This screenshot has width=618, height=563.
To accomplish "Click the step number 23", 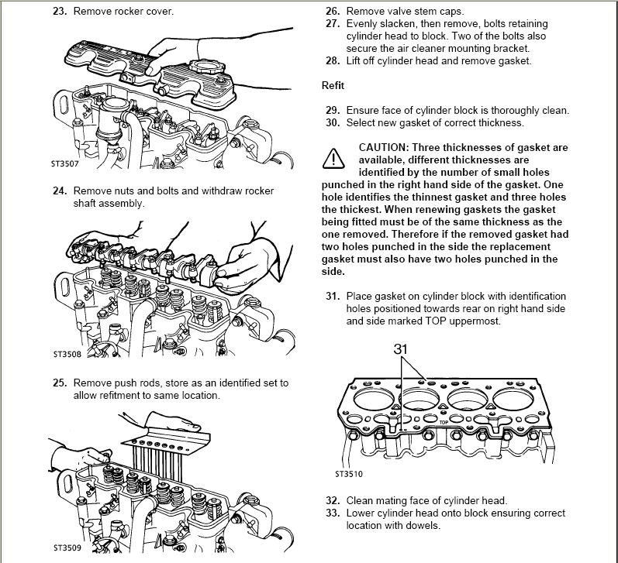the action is (60, 11).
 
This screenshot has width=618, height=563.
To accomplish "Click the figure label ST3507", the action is (65, 163).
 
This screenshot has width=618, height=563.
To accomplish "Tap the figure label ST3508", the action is (67, 354).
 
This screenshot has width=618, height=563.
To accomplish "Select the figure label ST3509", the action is (67, 548).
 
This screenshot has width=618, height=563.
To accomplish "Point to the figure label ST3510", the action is (349, 474).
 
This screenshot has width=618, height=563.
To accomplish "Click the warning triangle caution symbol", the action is (333, 158).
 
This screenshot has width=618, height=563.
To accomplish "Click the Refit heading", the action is (333, 85).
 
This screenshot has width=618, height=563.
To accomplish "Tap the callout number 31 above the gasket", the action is (400, 348).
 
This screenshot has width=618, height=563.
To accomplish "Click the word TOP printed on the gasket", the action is (444, 423).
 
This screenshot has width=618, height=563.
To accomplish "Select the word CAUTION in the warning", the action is (384, 147).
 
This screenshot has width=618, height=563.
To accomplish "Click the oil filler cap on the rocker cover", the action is (206, 67).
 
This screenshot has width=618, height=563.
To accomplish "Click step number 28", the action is (333, 60).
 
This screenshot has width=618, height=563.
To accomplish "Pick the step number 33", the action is (333, 513).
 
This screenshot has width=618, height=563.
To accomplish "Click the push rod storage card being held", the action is (167, 440).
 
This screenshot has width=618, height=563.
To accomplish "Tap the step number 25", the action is (60, 383).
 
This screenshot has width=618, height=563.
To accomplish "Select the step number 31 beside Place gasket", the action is (333, 296).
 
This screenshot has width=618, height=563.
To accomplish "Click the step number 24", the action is (60, 191).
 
